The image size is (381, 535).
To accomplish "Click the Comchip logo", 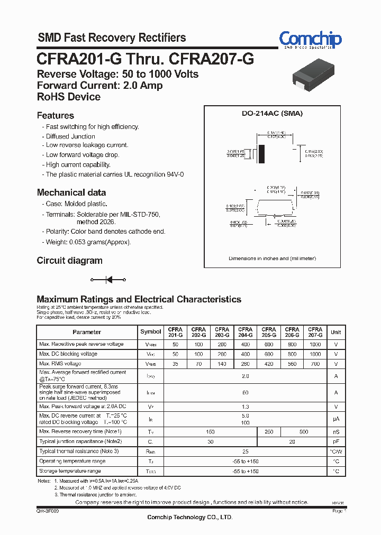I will coord(310,39).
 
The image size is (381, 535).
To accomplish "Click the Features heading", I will coord(55,115).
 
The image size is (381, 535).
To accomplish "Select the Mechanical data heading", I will coord(71,192).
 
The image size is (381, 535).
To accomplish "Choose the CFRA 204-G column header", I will coord(245,332).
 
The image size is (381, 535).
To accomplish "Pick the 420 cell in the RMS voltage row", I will coord(268,364).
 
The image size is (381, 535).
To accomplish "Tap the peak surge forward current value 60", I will coord(245,392).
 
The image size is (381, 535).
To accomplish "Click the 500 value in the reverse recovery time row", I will coord(303,431).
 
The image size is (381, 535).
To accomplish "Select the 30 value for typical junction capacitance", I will coord(210,441).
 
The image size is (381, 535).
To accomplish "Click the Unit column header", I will coord(335,332).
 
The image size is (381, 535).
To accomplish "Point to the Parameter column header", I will coord(87,332).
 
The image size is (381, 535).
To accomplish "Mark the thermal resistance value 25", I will coord(245,451).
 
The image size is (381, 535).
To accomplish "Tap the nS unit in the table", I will coord(335,431).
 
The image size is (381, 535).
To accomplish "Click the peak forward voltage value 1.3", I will coord(245,407).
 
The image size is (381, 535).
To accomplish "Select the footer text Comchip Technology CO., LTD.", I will coord(189,517).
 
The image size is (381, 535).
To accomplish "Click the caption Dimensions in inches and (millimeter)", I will coord(272,259).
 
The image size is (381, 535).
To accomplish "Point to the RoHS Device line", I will coord(68,97).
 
